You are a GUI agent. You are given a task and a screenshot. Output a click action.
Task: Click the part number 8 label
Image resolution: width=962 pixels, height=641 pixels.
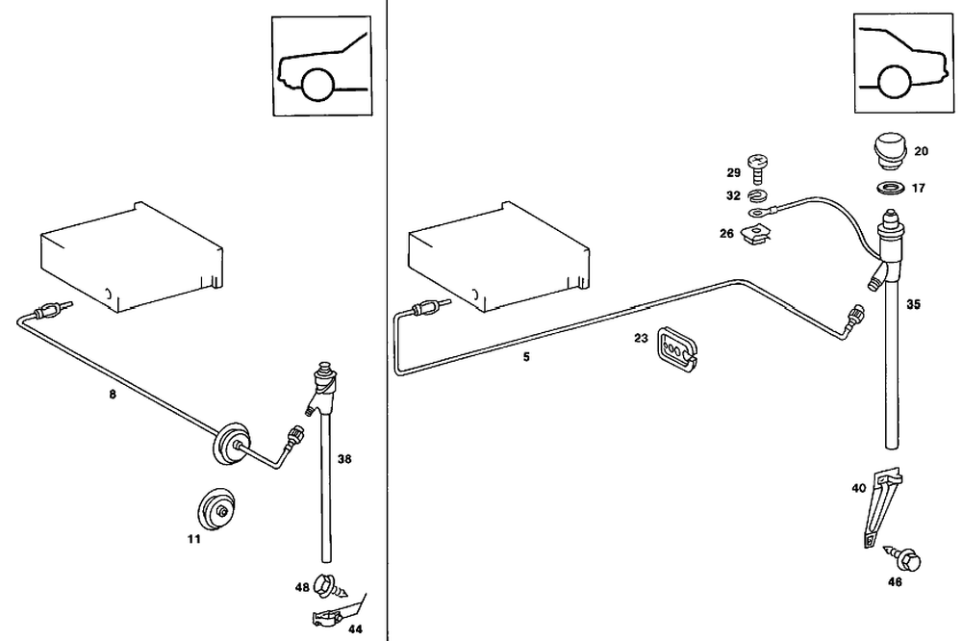pyautogui.click(x=113, y=395)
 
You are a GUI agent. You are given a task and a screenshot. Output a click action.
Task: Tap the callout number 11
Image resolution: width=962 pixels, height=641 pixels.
pyautogui.click(x=193, y=540)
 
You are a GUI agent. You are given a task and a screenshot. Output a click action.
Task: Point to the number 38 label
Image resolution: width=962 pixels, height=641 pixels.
pyautogui.click(x=344, y=460)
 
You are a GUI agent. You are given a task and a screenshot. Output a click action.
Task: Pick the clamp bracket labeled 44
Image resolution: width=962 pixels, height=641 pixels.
pyautogui.click(x=327, y=615)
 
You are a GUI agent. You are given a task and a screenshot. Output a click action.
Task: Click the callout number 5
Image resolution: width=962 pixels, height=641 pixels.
pyautogui.click(x=526, y=356)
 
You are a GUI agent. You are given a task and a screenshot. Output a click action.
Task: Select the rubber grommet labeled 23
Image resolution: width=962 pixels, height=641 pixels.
pyautogui.click(x=677, y=348)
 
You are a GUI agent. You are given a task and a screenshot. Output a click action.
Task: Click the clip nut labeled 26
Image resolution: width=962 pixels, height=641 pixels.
pyautogui.click(x=759, y=234)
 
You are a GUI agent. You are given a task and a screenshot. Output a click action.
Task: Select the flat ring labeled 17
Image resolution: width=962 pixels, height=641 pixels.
pyautogui.click(x=890, y=187)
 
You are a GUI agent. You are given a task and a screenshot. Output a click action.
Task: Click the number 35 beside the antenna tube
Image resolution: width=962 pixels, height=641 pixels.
pyautogui.click(x=914, y=304)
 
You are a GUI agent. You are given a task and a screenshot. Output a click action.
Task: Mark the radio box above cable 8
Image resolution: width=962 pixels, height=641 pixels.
pyautogui.click(x=135, y=255)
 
